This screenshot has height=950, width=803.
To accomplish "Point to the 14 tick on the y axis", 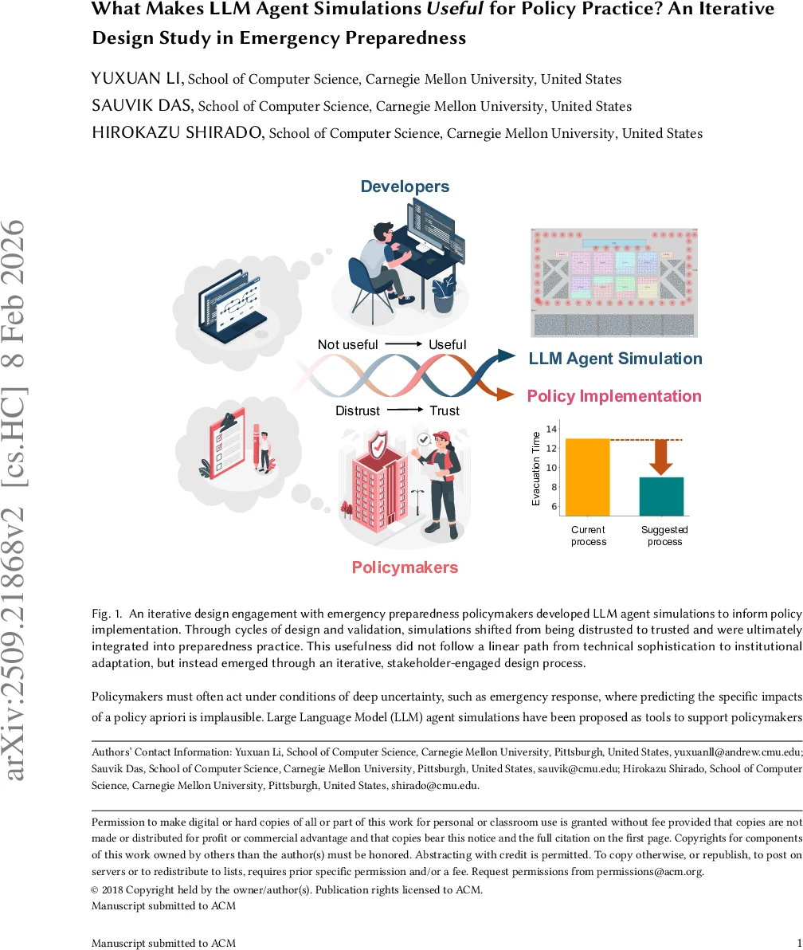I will [551, 430].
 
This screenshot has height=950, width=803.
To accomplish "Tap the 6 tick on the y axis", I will [554, 507].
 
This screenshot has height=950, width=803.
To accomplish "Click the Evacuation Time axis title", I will [536, 469].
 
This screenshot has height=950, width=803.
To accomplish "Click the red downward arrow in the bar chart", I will [661, 456].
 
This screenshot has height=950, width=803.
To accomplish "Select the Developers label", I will [405, 186].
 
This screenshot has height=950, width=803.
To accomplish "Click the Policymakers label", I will [405, 567].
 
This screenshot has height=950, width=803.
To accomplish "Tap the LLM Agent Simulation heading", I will [615, 359].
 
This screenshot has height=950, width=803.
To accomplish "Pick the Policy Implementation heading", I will [614, 396].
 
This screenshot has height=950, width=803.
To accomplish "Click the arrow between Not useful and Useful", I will [403, 344].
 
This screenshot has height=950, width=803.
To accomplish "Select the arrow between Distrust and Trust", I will [405, 410].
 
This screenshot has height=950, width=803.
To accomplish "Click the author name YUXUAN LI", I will [138, 78].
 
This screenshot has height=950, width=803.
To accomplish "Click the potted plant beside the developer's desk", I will [444, 293].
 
